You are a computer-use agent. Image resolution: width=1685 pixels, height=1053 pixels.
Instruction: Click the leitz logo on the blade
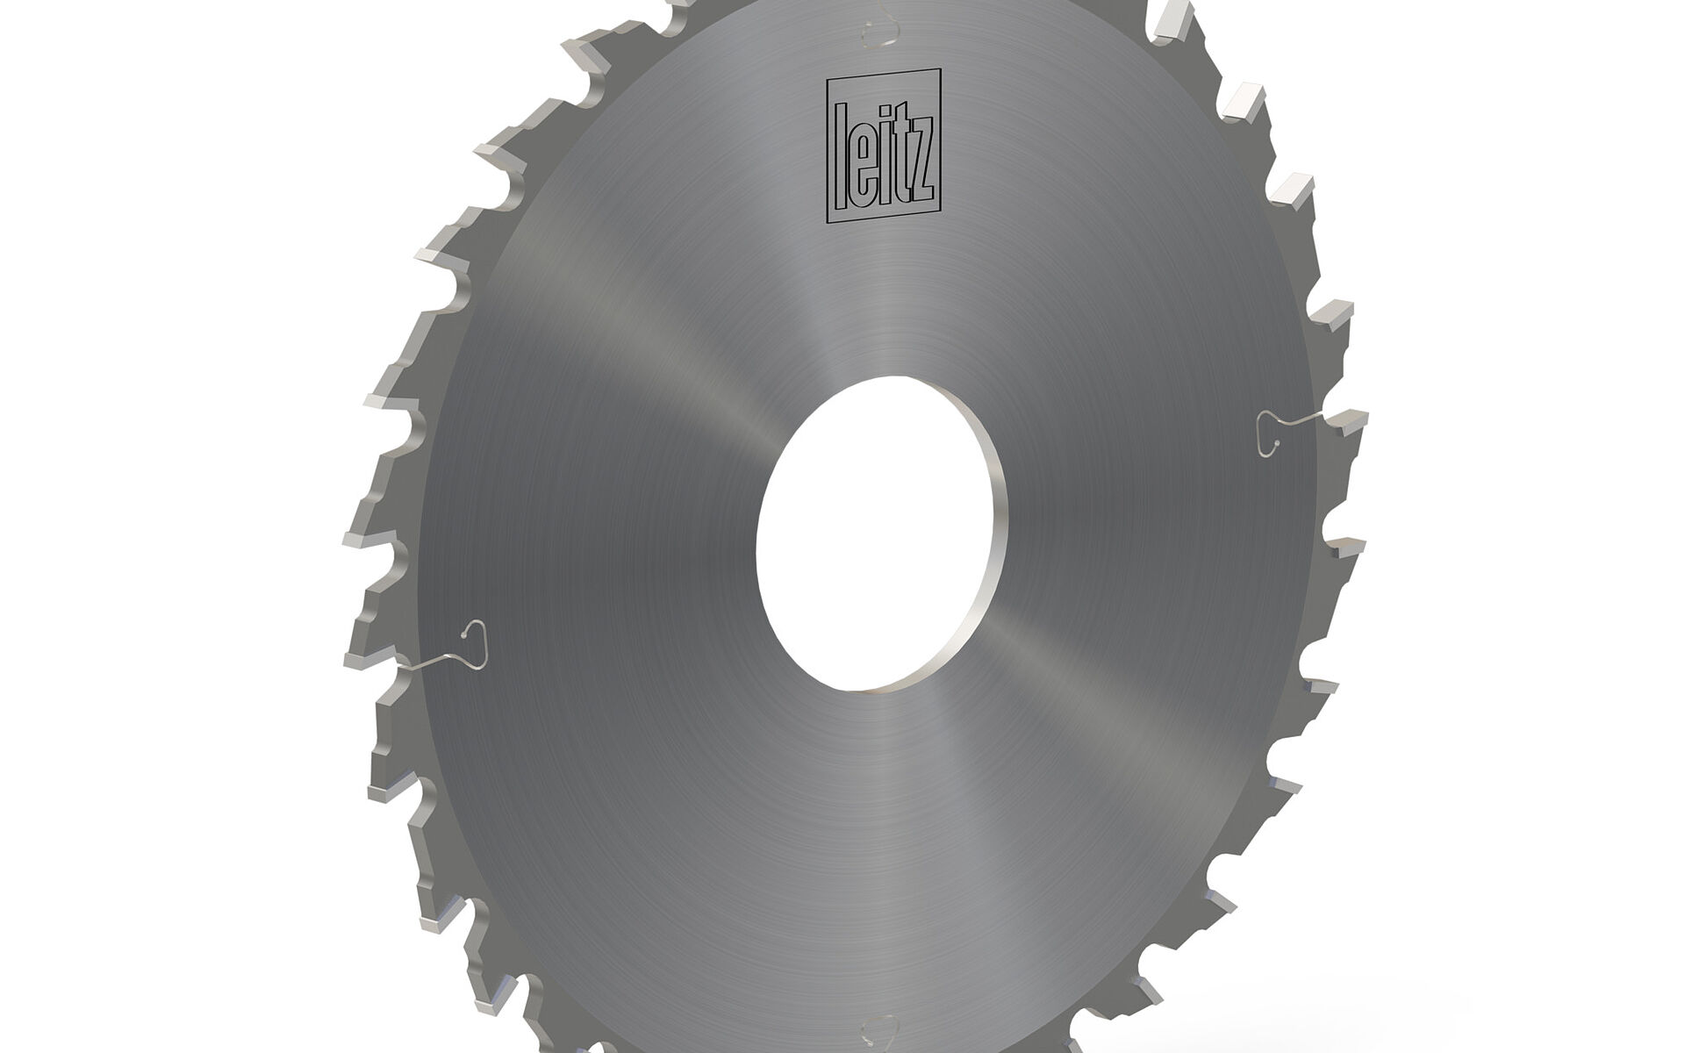pos(884,145)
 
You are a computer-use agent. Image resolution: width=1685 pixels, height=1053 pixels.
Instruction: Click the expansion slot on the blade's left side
pos(448,649)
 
